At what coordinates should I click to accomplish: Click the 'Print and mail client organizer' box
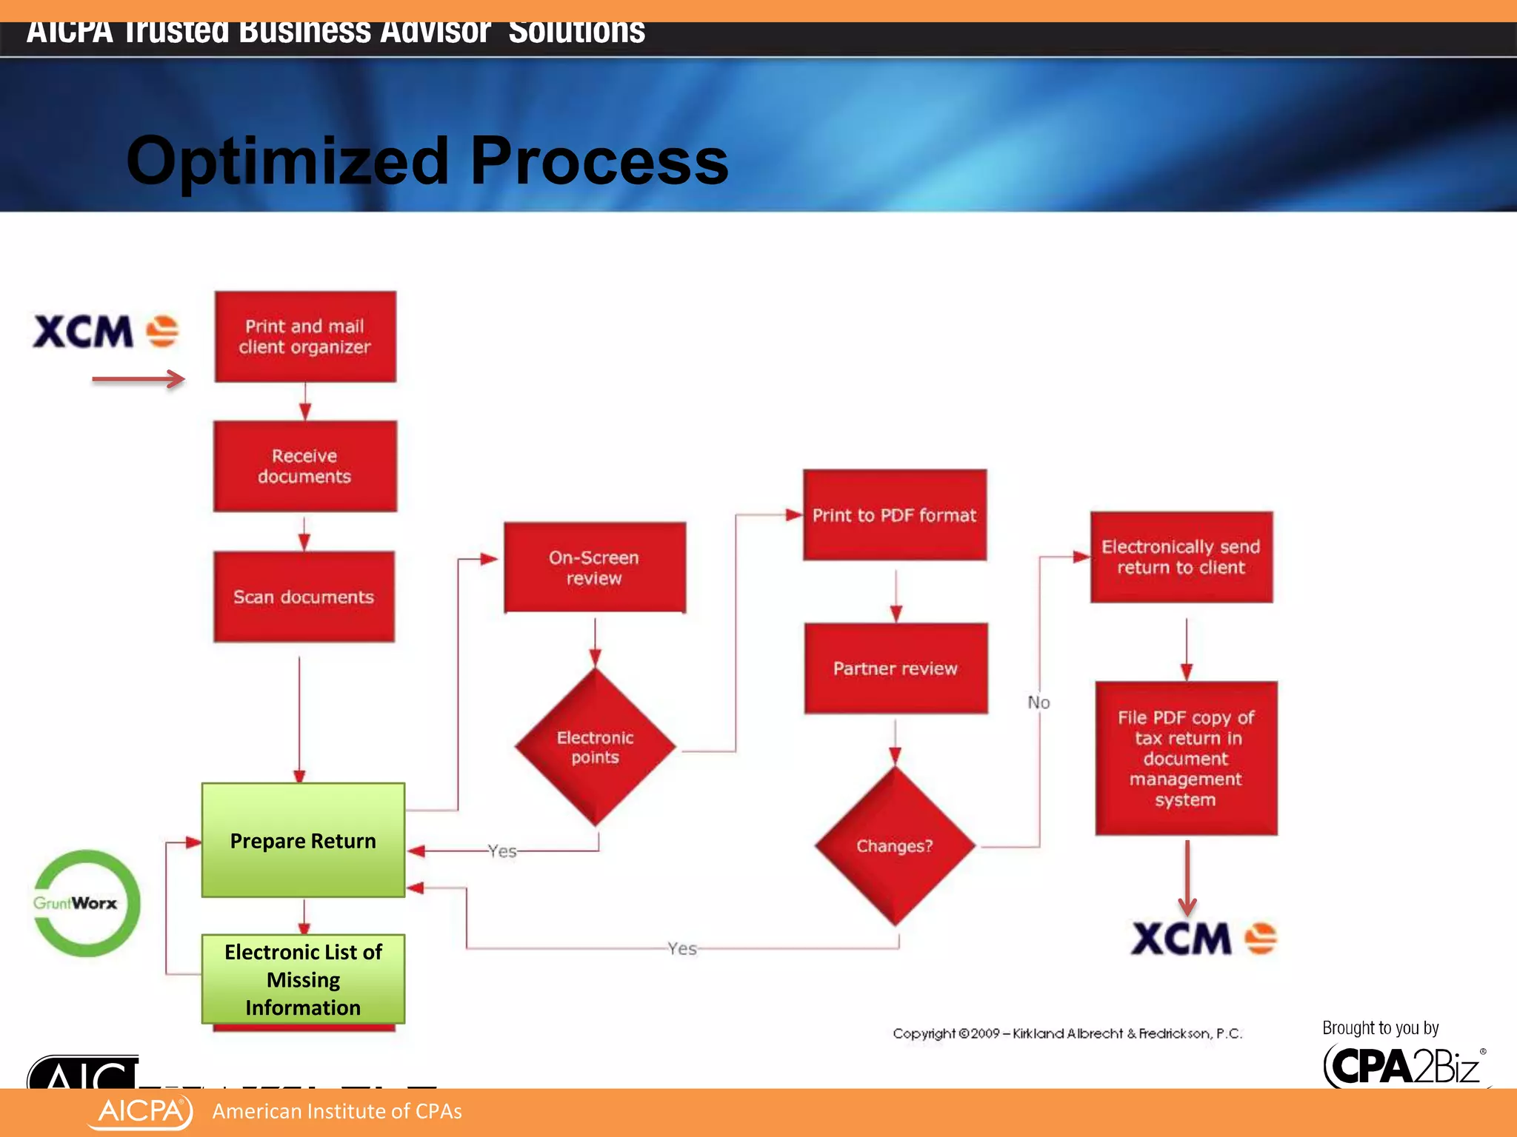point(305,337)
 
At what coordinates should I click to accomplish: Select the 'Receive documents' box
point(305,466)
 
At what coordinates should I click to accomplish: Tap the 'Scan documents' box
point(304,597)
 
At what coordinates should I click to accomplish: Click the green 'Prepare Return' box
point(303,840)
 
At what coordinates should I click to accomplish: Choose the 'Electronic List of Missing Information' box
point(303,979)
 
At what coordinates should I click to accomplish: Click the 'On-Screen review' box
point(594,568)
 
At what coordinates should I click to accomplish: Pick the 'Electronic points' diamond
point(595,747)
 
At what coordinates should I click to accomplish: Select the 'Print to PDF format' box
point(894,515)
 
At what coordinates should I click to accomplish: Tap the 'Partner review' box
point(896,668)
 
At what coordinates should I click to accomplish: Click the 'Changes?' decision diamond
point(894,846)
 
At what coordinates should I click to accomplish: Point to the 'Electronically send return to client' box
point(1181,557)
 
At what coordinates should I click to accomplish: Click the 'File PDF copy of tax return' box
point(1186,758)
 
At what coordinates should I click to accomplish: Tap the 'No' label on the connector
point(1038,702)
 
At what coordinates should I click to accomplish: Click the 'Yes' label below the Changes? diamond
point(681,948)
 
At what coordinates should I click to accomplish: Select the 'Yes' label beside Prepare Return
point(502,851)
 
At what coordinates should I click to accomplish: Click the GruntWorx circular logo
point(87,903)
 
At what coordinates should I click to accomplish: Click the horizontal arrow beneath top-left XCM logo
point(138,380)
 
